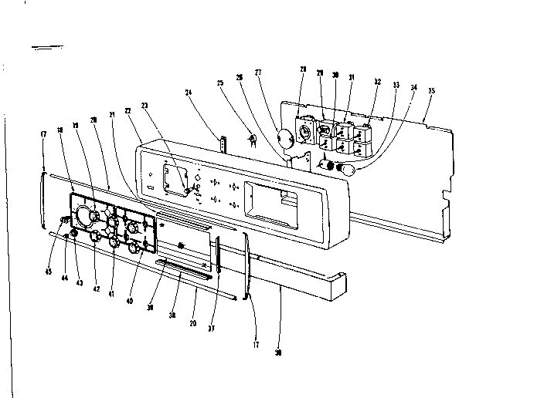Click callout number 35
(431, 91)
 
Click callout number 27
(258, 73)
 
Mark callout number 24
(188, 93)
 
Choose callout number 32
(376, 81)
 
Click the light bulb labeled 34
(347, 168)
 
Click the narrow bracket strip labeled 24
(225, 144)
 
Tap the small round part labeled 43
(75, 234)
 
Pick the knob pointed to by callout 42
(96, 236)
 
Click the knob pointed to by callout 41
(114, 241)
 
